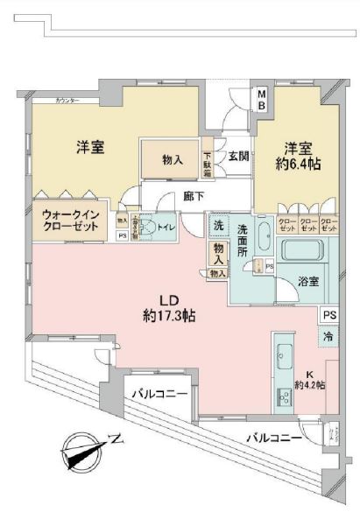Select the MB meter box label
pos(262,99)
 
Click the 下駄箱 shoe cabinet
pos(208,158)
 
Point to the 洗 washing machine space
pos(218,226)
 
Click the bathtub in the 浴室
pos(306,248)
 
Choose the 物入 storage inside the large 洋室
pos(173,159)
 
